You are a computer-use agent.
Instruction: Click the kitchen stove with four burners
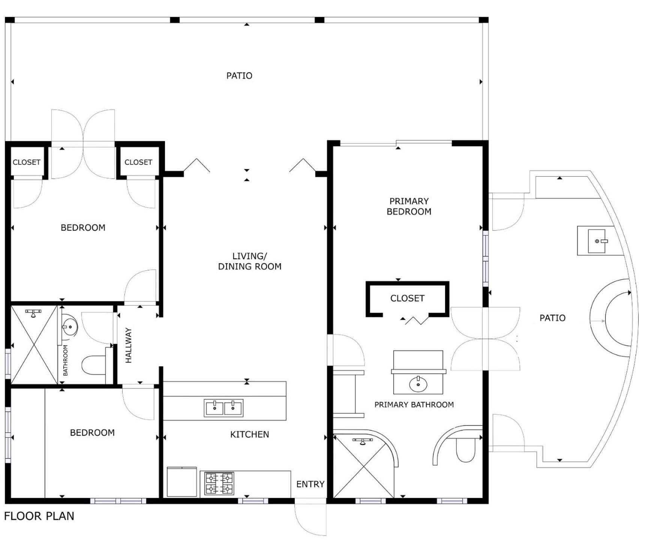pos(219,484)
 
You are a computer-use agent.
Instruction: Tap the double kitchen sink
pos(223,408)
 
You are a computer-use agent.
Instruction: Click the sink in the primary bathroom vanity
pos(418,384)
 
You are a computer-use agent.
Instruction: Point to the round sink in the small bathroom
pos(69,326)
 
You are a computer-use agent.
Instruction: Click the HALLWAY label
pos(129,345)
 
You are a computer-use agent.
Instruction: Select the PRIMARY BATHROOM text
pos(414,405)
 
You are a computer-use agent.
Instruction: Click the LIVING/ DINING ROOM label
pos(250,261)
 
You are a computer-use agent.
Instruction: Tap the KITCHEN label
pos(249,434)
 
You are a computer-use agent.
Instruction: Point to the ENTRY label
pos(310,484)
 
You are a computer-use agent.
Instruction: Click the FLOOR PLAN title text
pos(39,516)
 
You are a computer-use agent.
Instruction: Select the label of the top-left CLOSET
pos(26,162)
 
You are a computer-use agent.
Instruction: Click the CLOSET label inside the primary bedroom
pos(407,298)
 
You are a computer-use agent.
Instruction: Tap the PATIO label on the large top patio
pos(239,76)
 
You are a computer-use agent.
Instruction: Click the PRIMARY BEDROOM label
pos(409,206)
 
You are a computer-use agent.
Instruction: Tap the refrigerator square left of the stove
pos(182,482)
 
